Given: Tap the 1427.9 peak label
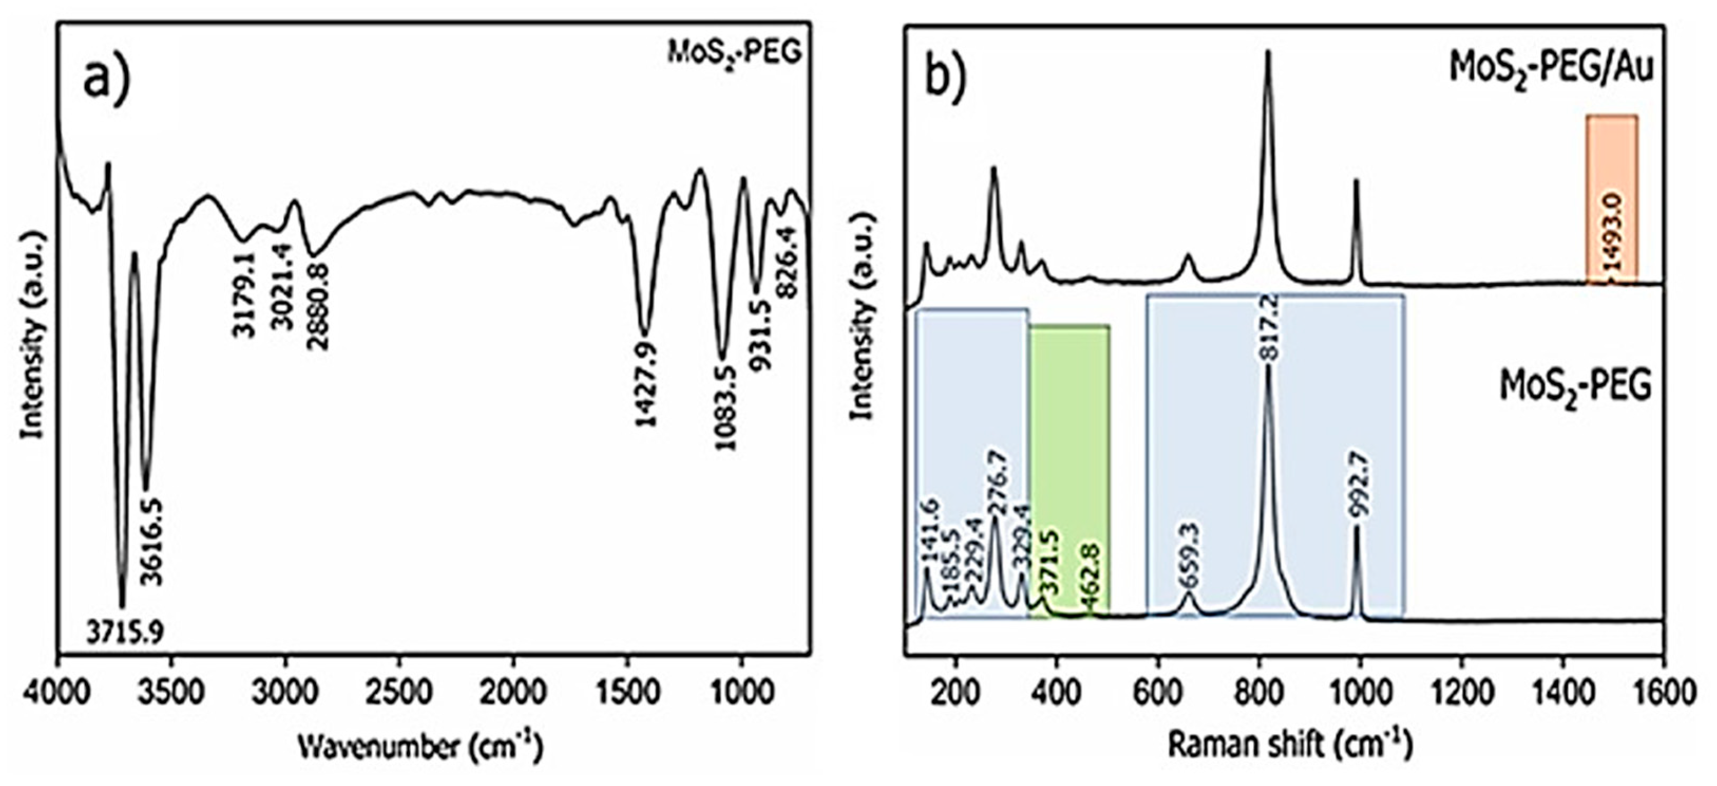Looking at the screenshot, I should pos(646,385).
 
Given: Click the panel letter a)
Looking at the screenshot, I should pos(107,78).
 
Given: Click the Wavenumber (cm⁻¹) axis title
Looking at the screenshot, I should pos(420,747).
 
